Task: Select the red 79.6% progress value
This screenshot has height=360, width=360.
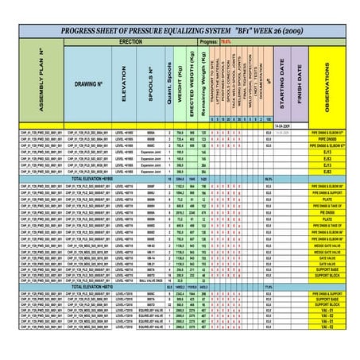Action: (x=226, y=39)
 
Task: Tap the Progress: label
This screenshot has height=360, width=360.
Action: (x=209, y=39)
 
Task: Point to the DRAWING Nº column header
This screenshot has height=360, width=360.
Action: (x=88, y=83)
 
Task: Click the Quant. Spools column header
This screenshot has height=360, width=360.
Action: (x=170, y=79)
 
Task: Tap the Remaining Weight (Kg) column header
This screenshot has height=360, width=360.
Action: (x=204, y=79)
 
